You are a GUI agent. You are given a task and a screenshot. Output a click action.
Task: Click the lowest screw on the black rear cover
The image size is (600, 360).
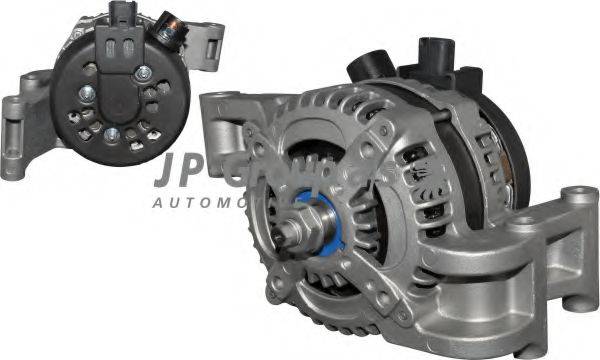(x=112, y=134)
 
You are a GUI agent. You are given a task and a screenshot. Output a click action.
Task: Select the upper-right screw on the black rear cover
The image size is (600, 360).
(x=144, y=71)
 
